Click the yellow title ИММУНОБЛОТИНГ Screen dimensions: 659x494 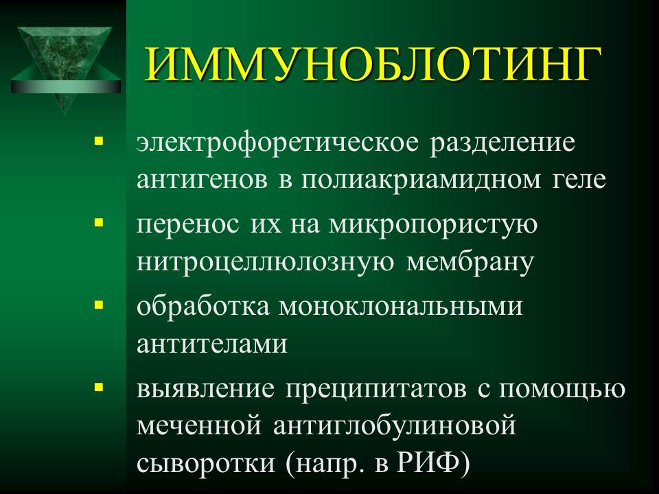pyautogui.click(x=373, y=65)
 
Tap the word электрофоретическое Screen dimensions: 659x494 pyautogui.click(x=278, y=143)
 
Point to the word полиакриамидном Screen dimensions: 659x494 pyautogui.click(x=421, y=180)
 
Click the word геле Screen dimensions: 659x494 pyautogui.click(x=579, y=180)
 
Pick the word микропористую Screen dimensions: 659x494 pyautogui.click(x=433, y=226)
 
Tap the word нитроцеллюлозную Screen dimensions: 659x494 pyautogui.click(x=266, y=262)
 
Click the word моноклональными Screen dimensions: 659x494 pyautogui.click(x=401, y=307)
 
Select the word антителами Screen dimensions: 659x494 pyautogui.click(x=212, y=344)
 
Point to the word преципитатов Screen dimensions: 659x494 pyautogui.click(x=376, y=390)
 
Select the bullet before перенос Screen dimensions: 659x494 pyautogui.click(x=99, y=222)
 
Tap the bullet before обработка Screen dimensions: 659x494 pyautogui.click(x=99, y=304)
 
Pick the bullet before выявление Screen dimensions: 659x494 pyautogui.click(x=99, y=386)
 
